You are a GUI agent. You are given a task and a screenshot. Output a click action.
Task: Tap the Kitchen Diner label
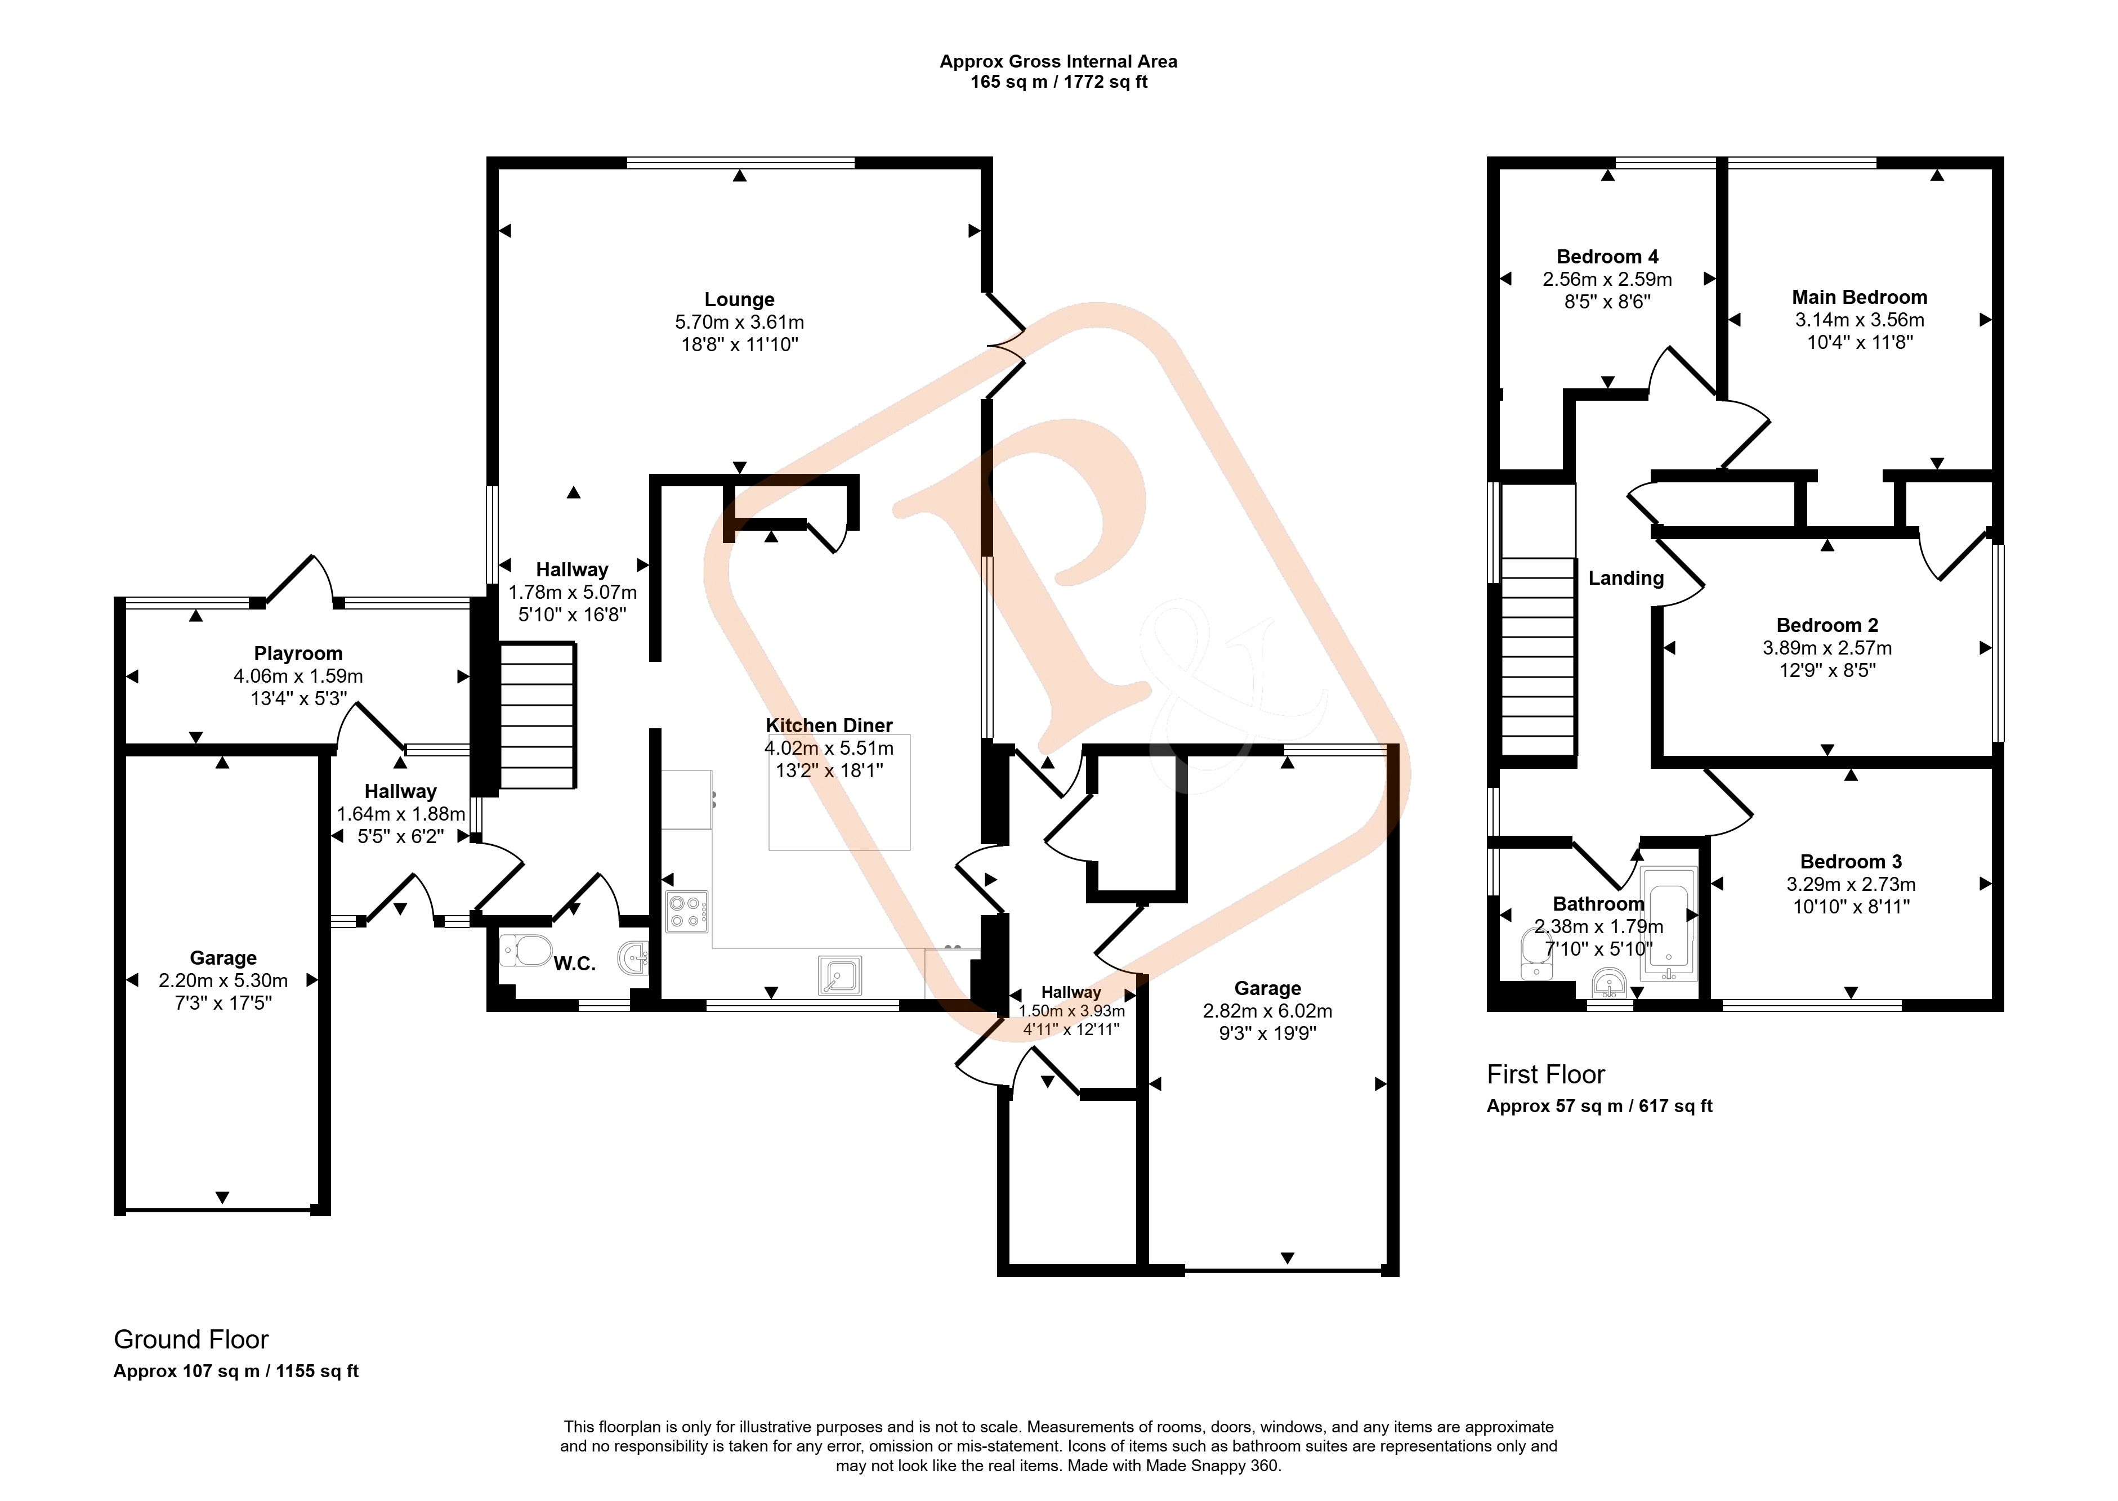click(x=829, y=725)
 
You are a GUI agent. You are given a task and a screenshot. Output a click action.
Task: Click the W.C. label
click(x=574, y=964)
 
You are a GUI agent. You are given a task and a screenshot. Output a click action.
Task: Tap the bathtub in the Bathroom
click(x=1669, y=924)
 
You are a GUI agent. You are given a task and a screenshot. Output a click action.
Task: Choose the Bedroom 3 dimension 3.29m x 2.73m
click(x=1851, y=885)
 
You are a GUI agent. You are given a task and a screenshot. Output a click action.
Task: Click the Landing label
click(x=1626, y=579)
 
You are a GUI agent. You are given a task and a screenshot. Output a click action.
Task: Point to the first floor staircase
click(x=1538, y=657)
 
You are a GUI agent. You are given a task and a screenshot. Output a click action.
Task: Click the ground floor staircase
click(x=537, y=716)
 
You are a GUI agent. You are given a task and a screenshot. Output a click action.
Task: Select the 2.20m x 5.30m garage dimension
click(x=223, y=980)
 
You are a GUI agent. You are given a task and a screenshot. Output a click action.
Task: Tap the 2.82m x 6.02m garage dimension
click(x=1267, y=1011)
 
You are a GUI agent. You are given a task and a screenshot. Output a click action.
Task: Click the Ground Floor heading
click(x=191, y=1339)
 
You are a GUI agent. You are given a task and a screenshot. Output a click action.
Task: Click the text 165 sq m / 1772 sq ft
click(x=1058, y=82)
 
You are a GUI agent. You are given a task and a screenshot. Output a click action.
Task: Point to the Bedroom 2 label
click(x=1827, y=626)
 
